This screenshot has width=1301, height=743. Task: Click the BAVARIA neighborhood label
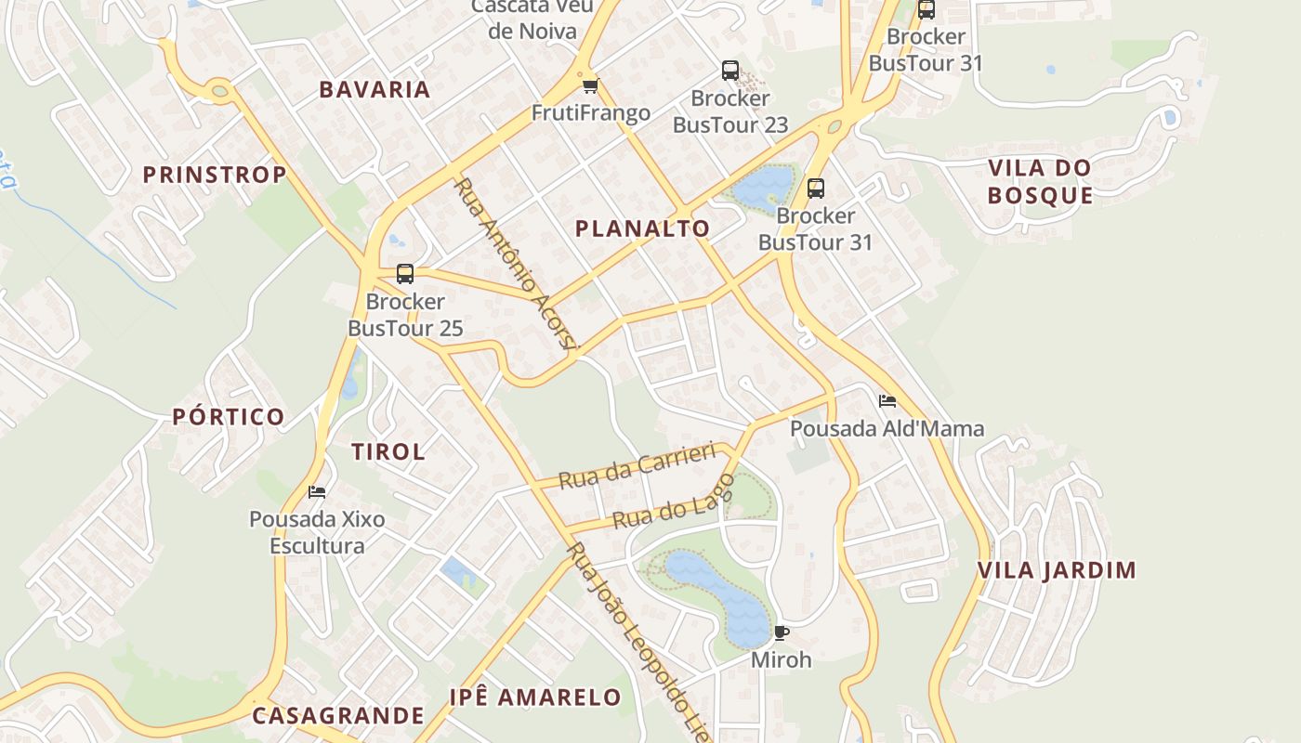point(375,90)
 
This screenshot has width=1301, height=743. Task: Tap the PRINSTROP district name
point(215,175)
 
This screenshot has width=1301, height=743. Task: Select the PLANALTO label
point(642,228)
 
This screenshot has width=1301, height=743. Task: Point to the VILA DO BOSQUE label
point(1040,182)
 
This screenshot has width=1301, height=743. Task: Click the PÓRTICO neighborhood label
point(229,417)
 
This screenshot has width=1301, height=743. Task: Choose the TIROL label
point(388,452)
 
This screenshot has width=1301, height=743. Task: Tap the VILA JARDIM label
point(1057,570)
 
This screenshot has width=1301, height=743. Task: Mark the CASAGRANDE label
point(338,716)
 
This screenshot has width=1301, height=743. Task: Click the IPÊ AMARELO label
point(535,697)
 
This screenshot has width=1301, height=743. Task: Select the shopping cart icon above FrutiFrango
point(589,86)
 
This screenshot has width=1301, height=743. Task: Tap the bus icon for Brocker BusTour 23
point(730,71)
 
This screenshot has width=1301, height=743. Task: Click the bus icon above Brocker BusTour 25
point(405,274)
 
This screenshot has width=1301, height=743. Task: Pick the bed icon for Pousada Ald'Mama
point(887,401)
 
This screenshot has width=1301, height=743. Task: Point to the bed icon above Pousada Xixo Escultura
point(317,491)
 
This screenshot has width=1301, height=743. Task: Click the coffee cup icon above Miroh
point(782,632)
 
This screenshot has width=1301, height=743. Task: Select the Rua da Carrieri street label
point(637,466)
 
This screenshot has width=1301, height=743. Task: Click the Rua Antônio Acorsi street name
point(517,264)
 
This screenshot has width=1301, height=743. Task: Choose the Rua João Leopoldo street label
point(632,641)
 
